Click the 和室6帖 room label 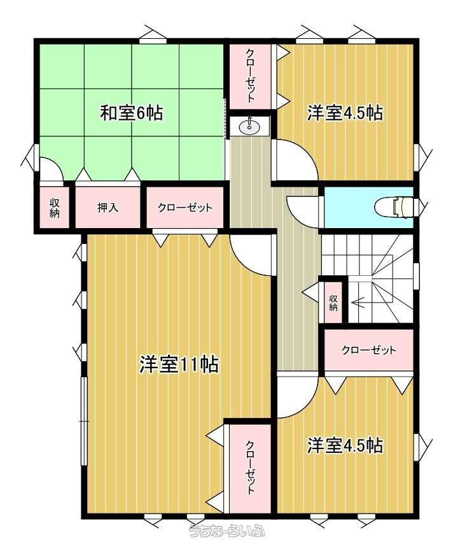132,113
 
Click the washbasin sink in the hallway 250,127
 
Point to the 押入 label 108,208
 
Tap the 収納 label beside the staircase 333,302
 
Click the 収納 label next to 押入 54,208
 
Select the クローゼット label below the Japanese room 185,208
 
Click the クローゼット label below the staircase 369,350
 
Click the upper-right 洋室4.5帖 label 345,113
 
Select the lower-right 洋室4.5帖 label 345,445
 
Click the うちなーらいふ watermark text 227,531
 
